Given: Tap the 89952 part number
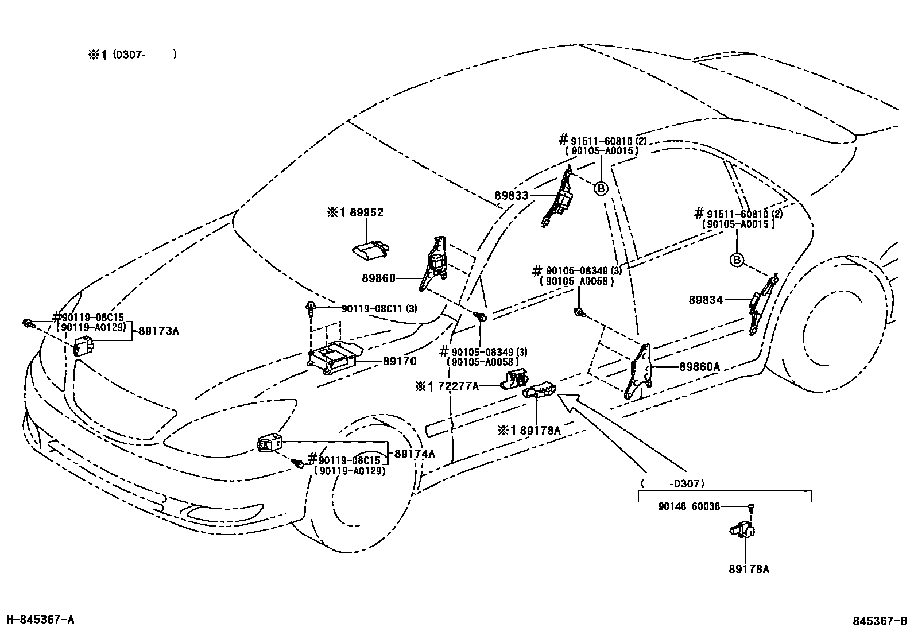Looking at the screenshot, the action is coord(366,212).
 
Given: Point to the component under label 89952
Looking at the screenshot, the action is coord(370,250).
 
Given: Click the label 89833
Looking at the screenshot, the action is coord(512,196).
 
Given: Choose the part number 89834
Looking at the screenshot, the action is coord(706,300).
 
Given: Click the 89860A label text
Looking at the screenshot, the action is coord(699,367).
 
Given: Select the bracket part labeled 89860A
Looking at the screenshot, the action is coord(637,371).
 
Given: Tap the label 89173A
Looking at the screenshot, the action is coord(158,331).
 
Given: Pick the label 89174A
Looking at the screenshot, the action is coord(415,454).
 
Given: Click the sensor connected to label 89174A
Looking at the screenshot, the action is coord(269,444).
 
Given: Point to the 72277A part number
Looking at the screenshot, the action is coord(458,386).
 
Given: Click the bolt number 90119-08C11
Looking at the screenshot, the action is coord(373,308).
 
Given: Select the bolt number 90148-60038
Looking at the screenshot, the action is coord(689,506).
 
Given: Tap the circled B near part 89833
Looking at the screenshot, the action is coord(601,188).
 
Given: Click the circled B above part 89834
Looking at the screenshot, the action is coord(737,260).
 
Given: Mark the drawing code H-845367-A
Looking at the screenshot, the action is coord(40,620).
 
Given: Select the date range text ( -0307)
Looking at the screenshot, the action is coord(672,483).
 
